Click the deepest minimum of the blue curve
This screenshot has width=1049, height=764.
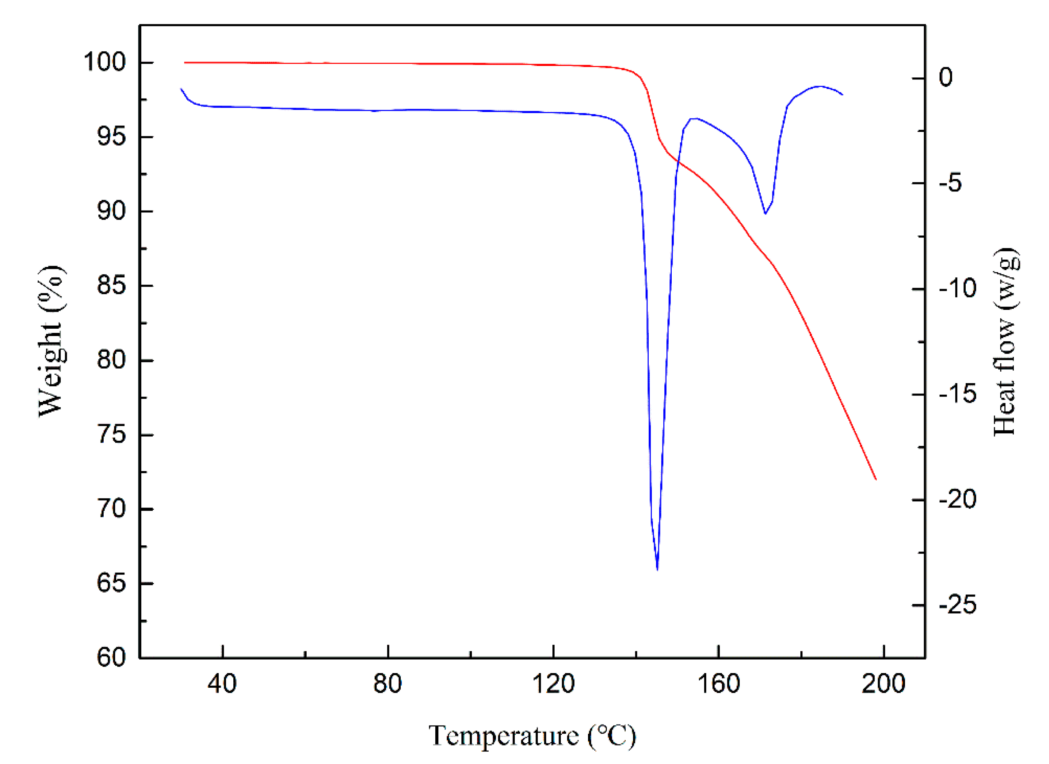pos(657,569)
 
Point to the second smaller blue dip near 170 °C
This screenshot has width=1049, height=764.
pos(765,213)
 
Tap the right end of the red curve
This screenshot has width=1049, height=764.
pos(876,479)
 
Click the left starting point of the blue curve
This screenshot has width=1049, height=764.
pos(181,89)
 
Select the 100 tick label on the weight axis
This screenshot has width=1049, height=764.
pos(104,62)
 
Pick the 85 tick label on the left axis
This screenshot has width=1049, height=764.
pos(111,285)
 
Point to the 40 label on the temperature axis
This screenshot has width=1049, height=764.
pos(222,683)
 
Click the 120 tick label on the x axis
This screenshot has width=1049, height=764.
pos(553,683)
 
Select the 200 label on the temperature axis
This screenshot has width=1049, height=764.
pos(883,683)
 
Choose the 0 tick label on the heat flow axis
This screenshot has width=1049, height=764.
pos(946,77)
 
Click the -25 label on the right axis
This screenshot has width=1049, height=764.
pos(957,604)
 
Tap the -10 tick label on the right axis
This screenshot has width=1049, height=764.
pos(957,288)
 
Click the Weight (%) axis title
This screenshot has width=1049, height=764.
pos(51,341)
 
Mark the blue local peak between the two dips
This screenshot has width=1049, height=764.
pos(694,119)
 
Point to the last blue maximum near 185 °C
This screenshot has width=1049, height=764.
pos(819,86)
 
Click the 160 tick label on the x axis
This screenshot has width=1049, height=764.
pos(719,683)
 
